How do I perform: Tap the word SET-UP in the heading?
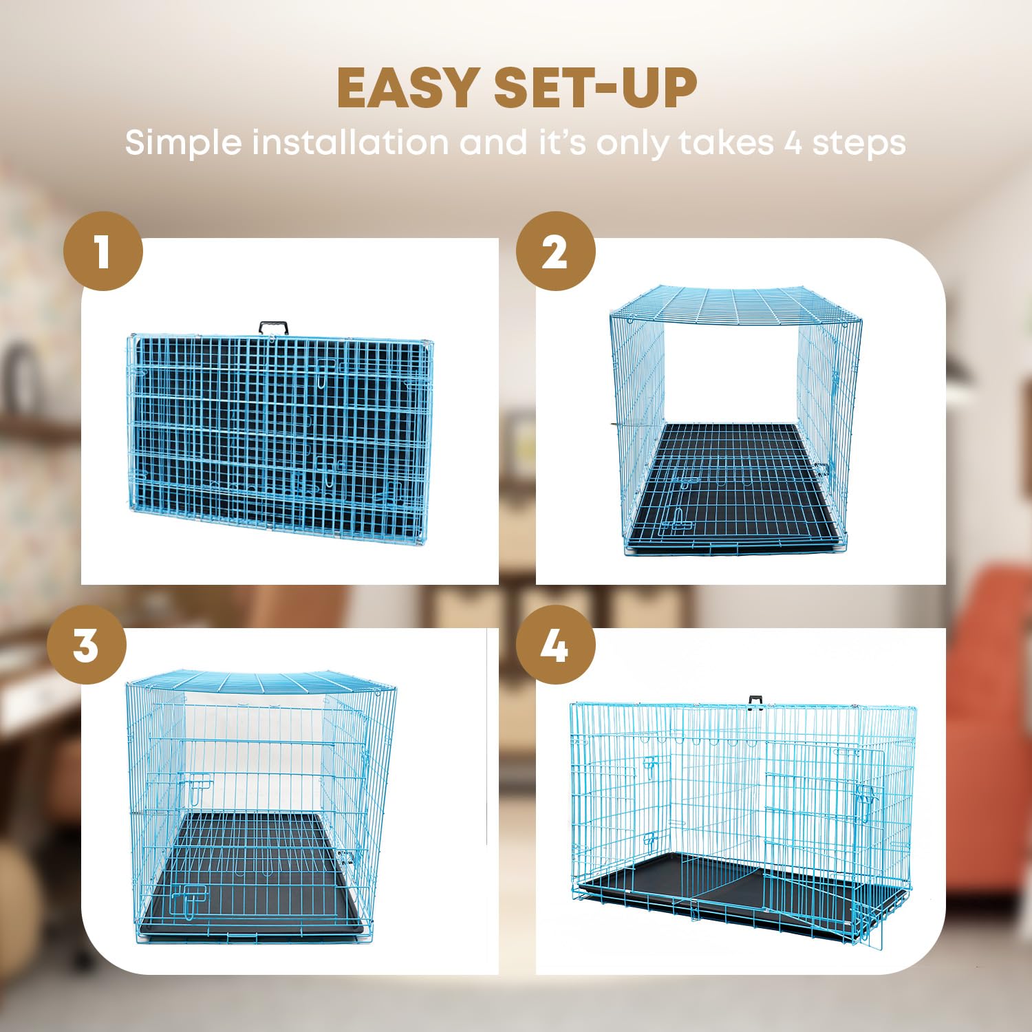click(x=595, y=88)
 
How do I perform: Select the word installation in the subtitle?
click(x=350, y=142)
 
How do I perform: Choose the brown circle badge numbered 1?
click(x=103, y=251)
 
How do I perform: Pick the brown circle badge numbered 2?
click(x=555, y=251)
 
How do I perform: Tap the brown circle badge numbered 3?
click(x=87, y=645)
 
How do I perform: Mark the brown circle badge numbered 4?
click(x=555, y=645)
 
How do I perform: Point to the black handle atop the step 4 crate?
click(x=756, y=700)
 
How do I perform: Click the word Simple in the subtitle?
click(x=183, y=142)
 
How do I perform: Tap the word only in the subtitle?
click(x=632, y=142)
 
